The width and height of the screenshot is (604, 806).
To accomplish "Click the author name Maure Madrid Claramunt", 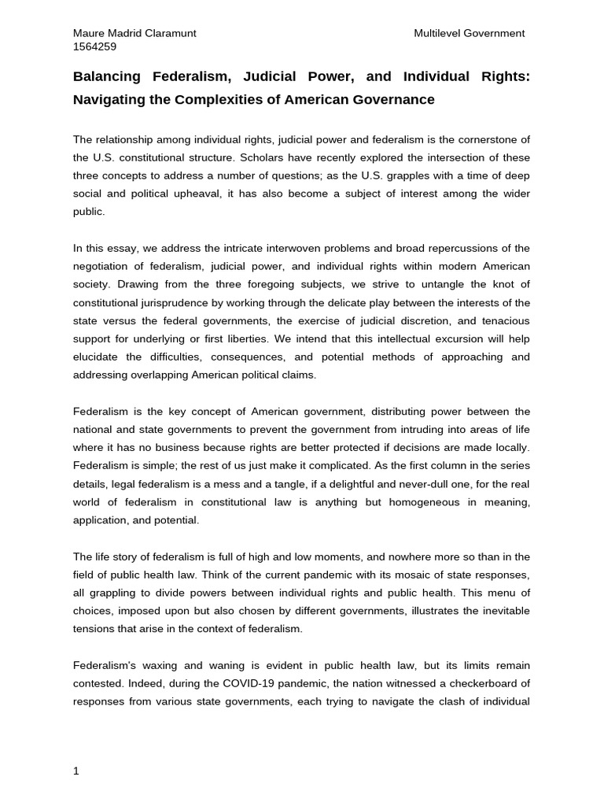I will tap(134, 33).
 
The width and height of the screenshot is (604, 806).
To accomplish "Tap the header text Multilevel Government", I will tap(469, 33).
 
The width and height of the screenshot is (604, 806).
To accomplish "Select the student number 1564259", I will tap(94, 46).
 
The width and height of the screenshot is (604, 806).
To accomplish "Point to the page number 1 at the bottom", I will tap(75, 771).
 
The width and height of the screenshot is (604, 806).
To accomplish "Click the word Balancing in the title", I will tap(106, 76).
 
